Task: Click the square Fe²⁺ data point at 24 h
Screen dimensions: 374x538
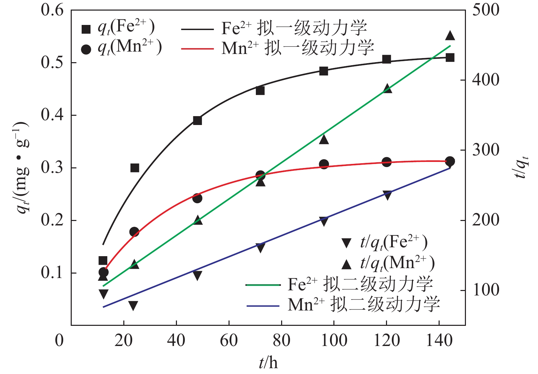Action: pos(135,168)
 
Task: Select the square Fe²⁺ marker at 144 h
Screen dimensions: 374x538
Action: pos(450,58)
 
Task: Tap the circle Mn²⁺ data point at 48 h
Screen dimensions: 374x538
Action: pos(197,198)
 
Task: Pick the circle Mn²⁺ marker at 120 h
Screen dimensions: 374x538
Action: pos(387,162)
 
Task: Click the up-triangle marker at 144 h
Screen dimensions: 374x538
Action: pos(450,36)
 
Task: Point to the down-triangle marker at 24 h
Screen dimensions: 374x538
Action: pos(133,305)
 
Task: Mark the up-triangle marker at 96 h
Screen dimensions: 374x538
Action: pos(324,139)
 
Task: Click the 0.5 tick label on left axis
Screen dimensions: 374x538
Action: pos(52,63)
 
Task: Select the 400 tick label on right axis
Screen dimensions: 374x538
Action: pos(485,80)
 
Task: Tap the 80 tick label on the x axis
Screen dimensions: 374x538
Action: pos(281,341)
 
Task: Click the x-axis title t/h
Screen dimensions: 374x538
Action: pos(268,362)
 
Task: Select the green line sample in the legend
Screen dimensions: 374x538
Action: pos(263,285)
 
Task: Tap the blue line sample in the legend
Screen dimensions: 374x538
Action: pos(263,306)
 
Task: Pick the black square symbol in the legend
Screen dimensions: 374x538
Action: pos(86,29)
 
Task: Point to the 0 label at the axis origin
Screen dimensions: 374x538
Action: pos(59,341)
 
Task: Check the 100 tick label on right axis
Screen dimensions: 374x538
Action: pos(485,290)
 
